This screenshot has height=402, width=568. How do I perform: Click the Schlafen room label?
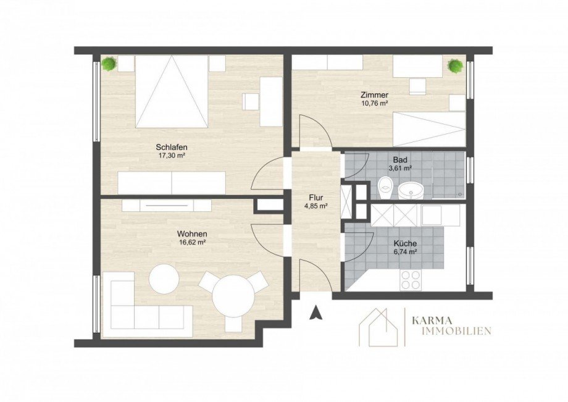coord(172,148)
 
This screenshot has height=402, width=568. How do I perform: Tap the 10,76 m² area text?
coord(374,103)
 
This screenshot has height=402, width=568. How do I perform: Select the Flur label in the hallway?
coord(316,198)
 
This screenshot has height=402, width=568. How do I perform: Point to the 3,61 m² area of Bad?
coord(400,169)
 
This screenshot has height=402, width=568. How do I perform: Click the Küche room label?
coord(405,244)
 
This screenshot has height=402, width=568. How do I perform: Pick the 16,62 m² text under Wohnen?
coord(193,243)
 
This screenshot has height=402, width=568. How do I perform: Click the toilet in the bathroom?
coord(385,188)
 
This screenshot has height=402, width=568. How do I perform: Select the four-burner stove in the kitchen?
coord(410,280)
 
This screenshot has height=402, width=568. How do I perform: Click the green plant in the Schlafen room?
coord(109,64)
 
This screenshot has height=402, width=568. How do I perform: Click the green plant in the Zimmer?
coord(456,66)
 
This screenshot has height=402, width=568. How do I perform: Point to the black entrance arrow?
coord(315,312)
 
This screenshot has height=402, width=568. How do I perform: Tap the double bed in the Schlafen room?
coord(172,91)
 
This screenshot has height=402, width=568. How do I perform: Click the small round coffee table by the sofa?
coord(164,279)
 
